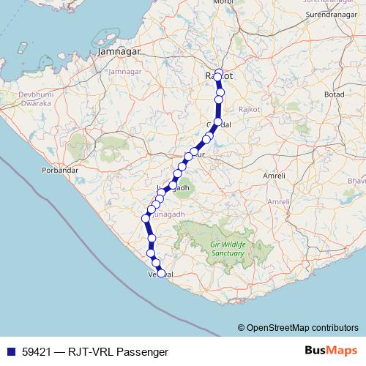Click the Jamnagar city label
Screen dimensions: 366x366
pos(119,53)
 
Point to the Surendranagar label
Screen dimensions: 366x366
pos(329,14)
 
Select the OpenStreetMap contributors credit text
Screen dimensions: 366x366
pos(302,328)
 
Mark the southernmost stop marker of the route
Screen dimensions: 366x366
pos(162,274)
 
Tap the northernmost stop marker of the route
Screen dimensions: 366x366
pos(219,72)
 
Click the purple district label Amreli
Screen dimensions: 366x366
pos(279,201)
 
